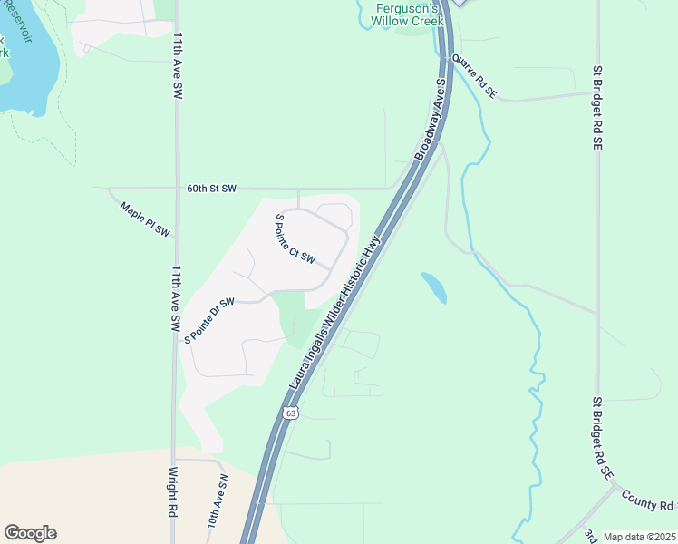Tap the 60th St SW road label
tap(211, 189)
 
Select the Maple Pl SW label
tap(145, 219)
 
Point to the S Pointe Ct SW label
tap(295, 239)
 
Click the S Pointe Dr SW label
tap(209, 319)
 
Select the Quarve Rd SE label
tap(475, 76)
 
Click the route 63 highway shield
tap(289, 413)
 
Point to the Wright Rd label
tap(171, 491)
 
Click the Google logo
tap(30, 533)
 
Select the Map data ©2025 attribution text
tap(638, 537)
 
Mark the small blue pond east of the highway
tap(434, 287)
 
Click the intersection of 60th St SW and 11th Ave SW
tap(175, 189)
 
